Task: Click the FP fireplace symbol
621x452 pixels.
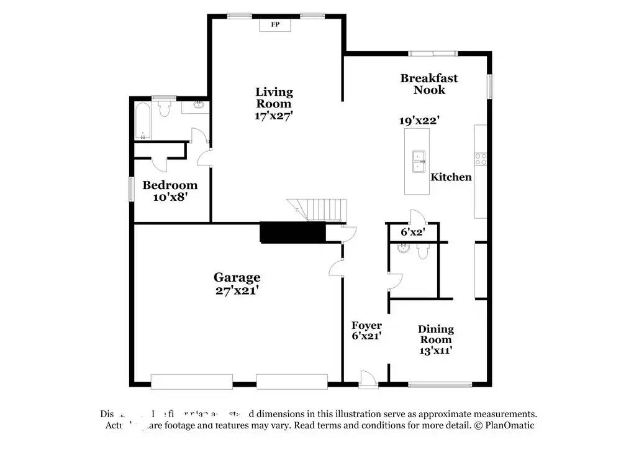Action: point(275,24)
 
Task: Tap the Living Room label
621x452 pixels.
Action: point(274,98)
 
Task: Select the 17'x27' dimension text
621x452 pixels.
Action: point(274,115)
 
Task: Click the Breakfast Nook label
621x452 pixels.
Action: point(429,84)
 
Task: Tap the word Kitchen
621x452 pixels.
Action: point(451,177)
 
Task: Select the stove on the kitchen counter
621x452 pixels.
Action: point(481,159)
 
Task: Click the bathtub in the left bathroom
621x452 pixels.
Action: point(142,122)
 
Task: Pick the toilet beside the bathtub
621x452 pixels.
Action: point(165,109)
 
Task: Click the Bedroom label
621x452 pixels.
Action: point(170,185)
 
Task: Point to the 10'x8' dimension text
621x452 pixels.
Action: point(170,197)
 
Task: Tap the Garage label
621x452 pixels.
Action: point(237,277)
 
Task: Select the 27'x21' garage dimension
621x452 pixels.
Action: point(237,290)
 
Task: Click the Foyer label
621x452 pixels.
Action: point(366,326)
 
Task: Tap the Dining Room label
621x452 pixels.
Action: point(435,334)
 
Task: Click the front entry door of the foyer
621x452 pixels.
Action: point(368,379)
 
